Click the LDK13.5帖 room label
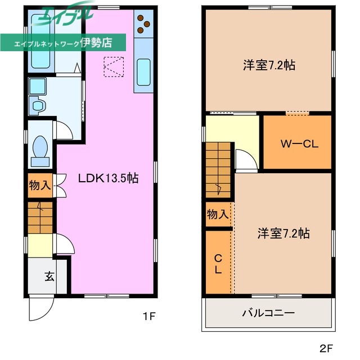[x=108, y=178]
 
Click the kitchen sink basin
[x=143, y=71]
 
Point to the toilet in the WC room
[x=40, y=148]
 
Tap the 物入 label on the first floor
[x=39, y=185]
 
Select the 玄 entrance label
[x=49, y=276]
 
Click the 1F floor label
[x=148, y=317]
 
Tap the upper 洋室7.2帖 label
[x=269, y=65]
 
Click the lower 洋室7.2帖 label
[x=284, y=233]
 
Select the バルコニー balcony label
[x=268, y=313]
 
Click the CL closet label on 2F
[x=218, y=263]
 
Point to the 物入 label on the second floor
[x=218, y=214]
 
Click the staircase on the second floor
[x=218, y=169]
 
